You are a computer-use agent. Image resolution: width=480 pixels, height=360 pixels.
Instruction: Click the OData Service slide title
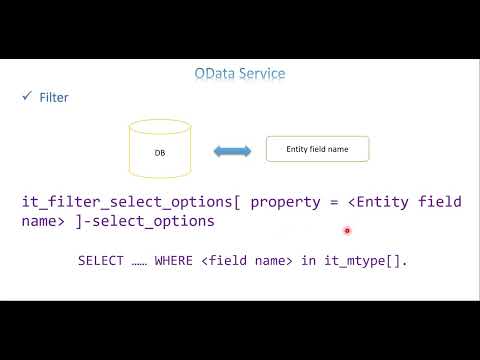[240, 73]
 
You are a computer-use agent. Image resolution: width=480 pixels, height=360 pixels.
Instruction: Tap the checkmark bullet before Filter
[27, 97]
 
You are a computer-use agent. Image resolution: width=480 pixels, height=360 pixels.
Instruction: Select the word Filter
[53, 98]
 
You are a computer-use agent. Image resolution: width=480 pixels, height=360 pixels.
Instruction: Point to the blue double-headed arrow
[232, 151]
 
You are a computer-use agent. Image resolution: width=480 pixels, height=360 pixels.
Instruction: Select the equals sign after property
[335, 202]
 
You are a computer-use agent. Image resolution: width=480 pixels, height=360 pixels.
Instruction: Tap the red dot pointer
[346, 231]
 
